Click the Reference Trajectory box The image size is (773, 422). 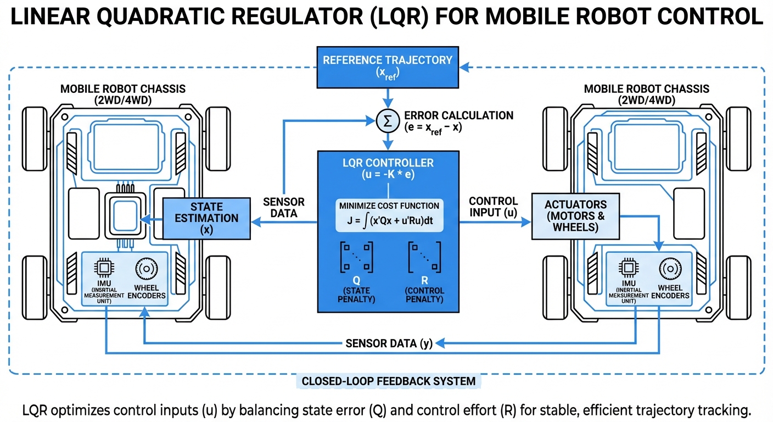pos(388,66)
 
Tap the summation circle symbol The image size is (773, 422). pos(388,121)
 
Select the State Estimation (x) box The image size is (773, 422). pos(206,219)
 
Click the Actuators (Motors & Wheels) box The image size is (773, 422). pos(575,216)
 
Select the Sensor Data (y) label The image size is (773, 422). pos(389,344)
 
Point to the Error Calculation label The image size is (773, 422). pos(458,121)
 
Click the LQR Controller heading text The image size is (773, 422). pos(388,163)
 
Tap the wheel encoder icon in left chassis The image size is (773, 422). pos(147,269)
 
